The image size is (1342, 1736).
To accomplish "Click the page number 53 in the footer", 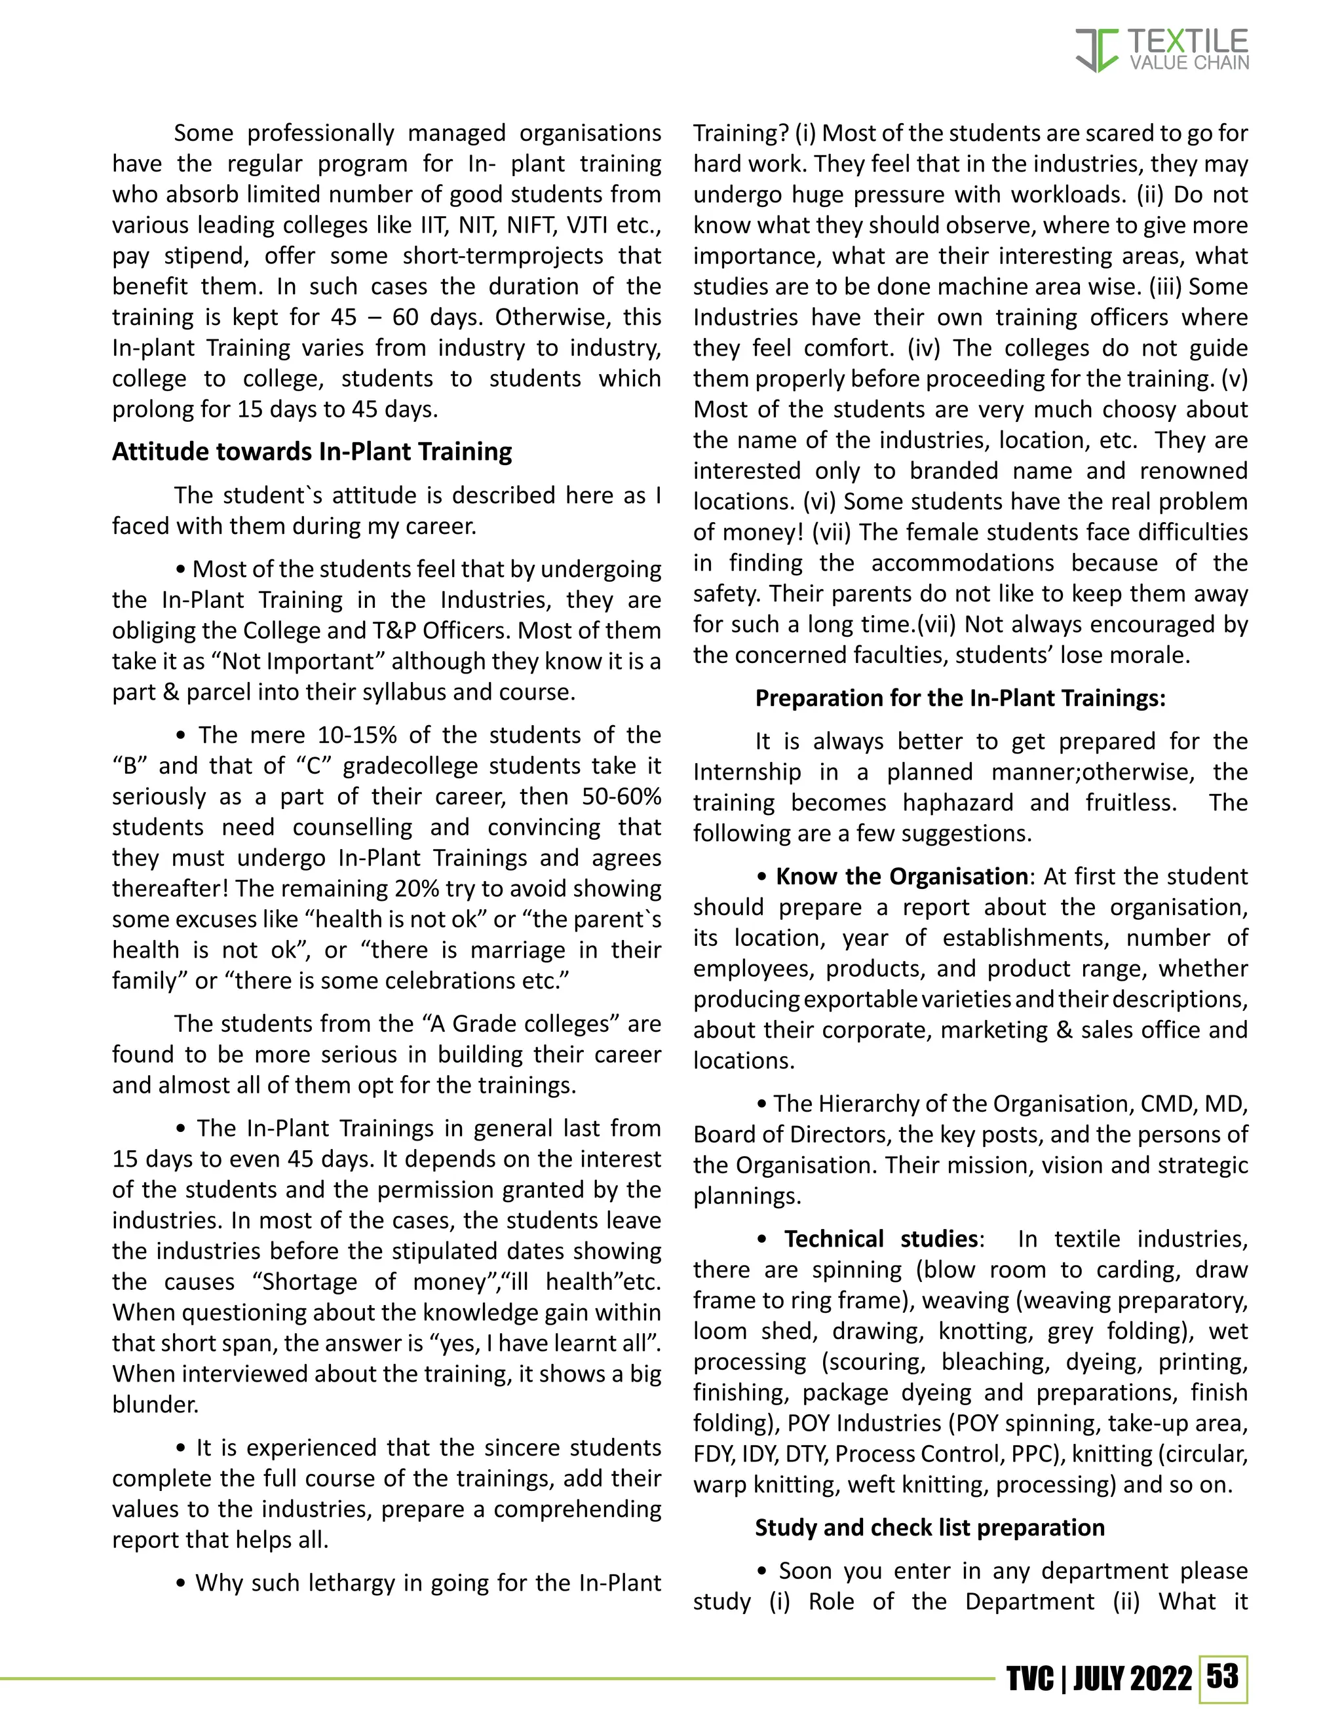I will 1222,1676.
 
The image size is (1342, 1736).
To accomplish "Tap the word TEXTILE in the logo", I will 1188,41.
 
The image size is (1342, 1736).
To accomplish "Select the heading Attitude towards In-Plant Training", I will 312,451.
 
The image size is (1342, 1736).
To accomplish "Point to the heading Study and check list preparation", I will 929,1527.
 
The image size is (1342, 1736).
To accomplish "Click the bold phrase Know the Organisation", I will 902,876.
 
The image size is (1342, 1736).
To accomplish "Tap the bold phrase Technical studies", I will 881,1238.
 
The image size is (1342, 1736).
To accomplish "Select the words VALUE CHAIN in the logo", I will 1189,63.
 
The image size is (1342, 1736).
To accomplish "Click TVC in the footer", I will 1030,1679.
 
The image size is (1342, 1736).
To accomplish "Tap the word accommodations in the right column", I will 962,563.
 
